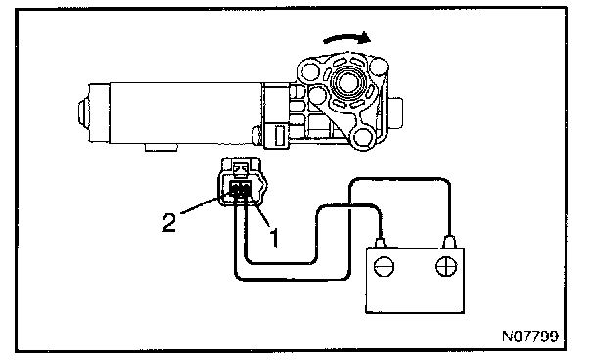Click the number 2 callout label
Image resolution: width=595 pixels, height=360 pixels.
(x=169, y=222)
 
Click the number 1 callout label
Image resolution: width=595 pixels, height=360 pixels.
(x=274, y=237)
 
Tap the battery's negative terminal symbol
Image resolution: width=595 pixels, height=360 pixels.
(x=384, y=267)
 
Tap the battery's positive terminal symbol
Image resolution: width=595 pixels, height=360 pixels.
(x=446, y=267)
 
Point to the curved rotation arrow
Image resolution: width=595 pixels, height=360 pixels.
(x=346, y=37)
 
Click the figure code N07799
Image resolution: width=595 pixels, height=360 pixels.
(x=530, y=337)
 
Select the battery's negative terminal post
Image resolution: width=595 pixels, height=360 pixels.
(x=381, y=243)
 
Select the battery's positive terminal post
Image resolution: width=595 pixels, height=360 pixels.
(x=449, y=242)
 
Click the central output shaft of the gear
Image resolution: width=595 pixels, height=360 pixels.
(x=347, y=82)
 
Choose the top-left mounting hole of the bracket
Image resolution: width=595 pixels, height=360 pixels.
(x=309, y=70)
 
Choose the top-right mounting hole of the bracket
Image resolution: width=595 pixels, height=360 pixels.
(x=378, y=67)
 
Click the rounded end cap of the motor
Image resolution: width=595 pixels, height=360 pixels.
(x=84, y=112)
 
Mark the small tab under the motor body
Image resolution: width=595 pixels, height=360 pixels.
(x=160, y=147)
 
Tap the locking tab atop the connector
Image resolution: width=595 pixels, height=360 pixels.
(x=240, y=169)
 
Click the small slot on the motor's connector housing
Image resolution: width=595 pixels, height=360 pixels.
(x=280, y=136)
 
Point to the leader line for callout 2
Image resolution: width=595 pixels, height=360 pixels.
(x=205, y=203)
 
